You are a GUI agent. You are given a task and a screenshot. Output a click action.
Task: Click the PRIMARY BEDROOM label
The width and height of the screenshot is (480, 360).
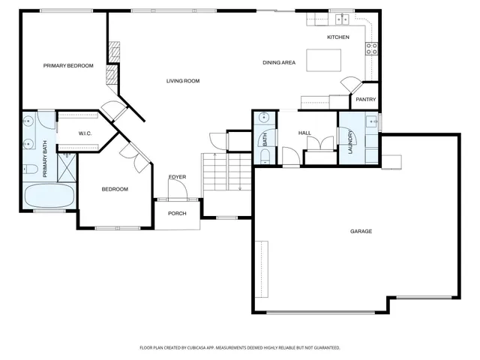pyautogui.click(x=68, y=66)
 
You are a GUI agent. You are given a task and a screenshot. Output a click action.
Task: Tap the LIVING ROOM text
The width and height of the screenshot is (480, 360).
pyautogui.click(x=182, y=81)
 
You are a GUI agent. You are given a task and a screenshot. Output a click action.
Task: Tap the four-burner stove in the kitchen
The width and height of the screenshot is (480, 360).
pyautogui.click(x=370, y=49)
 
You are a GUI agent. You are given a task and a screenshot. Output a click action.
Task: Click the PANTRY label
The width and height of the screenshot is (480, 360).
pyautogui.click(x=365, y=99)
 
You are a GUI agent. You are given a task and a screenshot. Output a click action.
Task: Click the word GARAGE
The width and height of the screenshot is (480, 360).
pyautogui.click(x=361, y=231)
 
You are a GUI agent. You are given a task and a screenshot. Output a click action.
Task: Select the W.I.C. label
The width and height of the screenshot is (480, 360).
pyautogui.click(x=85, y=133)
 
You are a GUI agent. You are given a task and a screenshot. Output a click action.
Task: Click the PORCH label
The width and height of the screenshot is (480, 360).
pyautogui.click(x=177, y=213)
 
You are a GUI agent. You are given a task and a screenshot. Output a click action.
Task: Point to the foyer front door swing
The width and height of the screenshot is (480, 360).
pyautogui.click(x=177, y=190)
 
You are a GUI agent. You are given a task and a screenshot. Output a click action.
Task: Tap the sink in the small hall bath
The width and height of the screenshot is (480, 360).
pyautogui.click(x=265, y=118)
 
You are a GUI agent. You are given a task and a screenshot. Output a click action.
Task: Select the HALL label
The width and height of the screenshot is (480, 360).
pyautogui.click(x=304, y=133)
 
